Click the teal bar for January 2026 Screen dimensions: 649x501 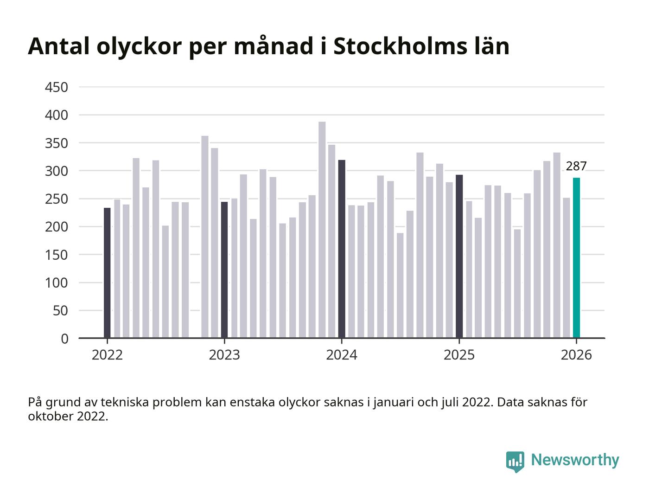tap(576, 258)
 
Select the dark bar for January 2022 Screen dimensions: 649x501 tap(107, 273)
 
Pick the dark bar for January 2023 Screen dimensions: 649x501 tap(224, 270)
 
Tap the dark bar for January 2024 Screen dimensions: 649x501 tap(342, 249)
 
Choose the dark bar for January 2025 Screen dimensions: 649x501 tap(459, 257)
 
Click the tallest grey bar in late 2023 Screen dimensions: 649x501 tap(322, 230)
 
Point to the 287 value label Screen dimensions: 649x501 tap(576, 166)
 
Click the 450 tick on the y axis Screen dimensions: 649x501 tap(57, 87)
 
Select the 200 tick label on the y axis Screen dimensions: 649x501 tap(57, 227)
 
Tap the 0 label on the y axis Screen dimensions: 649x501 tap(64, 339)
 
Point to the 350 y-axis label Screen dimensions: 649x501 tap(57, 143)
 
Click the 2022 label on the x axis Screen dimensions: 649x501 tap(107, 355)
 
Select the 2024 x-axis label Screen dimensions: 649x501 tap(342, 355)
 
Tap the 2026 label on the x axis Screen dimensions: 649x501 tap(576, 355)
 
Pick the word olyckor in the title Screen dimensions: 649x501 tap(139, 48)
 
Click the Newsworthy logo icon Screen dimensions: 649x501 tap(515, 462)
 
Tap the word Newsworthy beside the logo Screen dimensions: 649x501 tap(575, 460)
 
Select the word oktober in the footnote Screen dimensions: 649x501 tap(51, 416)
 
